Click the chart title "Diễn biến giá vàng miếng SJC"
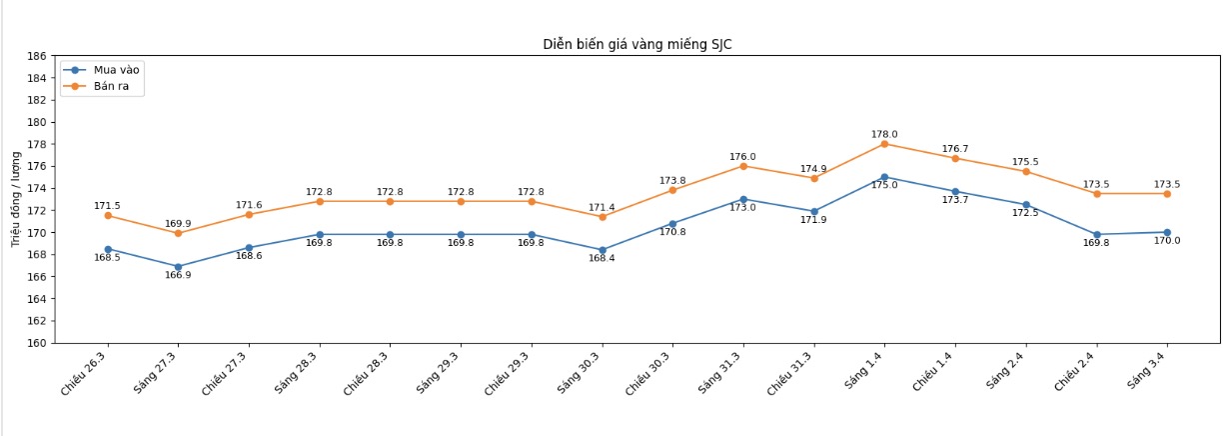(x=636, y=44)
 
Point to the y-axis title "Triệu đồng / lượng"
(x=16, y=199)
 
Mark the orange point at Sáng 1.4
(x=884, y=144)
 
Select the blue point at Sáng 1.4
(x=884, y=177)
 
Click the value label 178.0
(x=884, y=134)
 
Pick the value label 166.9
(x=178, y=275)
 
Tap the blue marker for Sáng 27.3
(x=178, y=267)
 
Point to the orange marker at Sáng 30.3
(x=602, y=217)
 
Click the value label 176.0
(x=742, y=157)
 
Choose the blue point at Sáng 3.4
(x=1167, y=232)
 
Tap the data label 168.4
(x=602, y=258)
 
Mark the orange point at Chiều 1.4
(x=955, y=158)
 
